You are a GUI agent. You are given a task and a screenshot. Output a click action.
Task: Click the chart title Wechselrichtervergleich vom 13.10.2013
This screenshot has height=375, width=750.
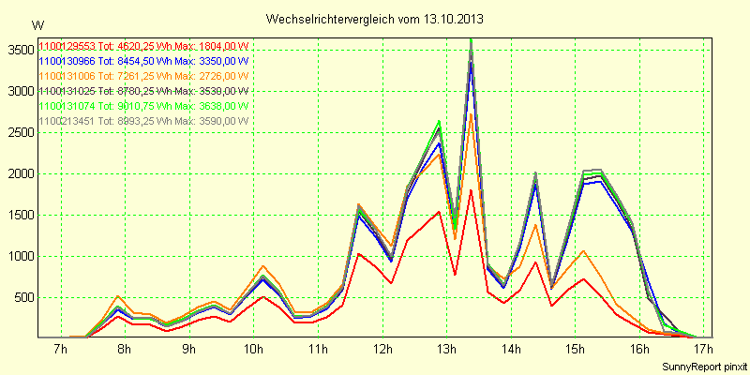tap(375, 19)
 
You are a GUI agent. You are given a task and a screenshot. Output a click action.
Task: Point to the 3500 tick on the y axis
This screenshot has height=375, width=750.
tap(18, 50)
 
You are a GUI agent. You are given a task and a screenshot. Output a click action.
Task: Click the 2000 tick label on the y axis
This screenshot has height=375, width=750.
tap(18, 173)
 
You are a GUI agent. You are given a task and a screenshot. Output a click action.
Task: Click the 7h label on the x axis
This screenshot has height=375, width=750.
tap(60, 350)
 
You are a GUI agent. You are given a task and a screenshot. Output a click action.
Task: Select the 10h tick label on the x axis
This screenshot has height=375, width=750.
tap(253, 350)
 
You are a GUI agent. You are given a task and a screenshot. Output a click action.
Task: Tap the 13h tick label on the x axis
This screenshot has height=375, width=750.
tap(447, 350)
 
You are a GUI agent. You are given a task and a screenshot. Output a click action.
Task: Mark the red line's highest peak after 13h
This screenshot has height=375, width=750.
tap(471, 189)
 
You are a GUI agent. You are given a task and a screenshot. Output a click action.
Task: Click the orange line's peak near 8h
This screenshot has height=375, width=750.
tap(119, 296)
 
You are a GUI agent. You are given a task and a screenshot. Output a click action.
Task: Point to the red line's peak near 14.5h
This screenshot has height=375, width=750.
tap(535, 262)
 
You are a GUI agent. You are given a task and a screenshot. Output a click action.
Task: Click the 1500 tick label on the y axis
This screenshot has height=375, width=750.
tap(18, 215)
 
